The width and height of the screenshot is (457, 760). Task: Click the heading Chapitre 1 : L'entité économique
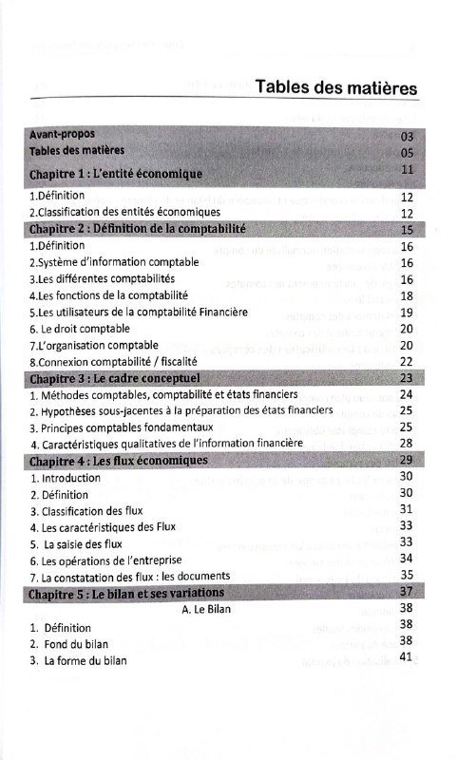tap(116, 175)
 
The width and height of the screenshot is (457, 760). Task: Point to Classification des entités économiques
tap(124, 212)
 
